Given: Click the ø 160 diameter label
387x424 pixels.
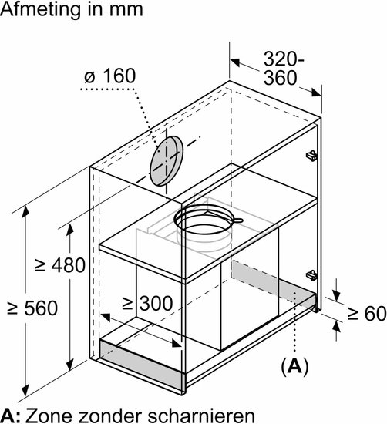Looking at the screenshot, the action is [x=109, y=76].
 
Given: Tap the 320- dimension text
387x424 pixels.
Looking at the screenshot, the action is [x=284, y=59].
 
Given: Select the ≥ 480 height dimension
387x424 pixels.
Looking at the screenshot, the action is [x=60, y=265].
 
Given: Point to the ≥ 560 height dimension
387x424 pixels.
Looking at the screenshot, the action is [x=32, y=308].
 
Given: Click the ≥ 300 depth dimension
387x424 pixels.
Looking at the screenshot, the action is [x=147, y=303].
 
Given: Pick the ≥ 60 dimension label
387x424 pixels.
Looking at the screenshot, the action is [x=367, y=313].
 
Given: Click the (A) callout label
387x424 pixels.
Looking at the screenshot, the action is [x=294, y=366].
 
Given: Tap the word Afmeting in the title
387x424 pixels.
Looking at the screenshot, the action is [x=40, y=10].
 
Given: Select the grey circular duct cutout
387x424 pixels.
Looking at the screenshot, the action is [x=167, y=161].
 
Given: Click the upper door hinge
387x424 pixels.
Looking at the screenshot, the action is [x=311, y=156].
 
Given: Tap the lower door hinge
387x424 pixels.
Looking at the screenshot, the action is [x=311, y=275].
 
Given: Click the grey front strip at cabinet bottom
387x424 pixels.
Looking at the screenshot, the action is [x=141, y=365].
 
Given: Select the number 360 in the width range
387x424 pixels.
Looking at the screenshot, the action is [x=280, y=78].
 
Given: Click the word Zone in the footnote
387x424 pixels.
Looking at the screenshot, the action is [x=49, y=415].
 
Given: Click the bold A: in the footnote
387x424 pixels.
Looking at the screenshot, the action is [x=10, y=415].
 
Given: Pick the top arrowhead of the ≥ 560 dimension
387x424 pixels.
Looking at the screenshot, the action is [x=25, y=211].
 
